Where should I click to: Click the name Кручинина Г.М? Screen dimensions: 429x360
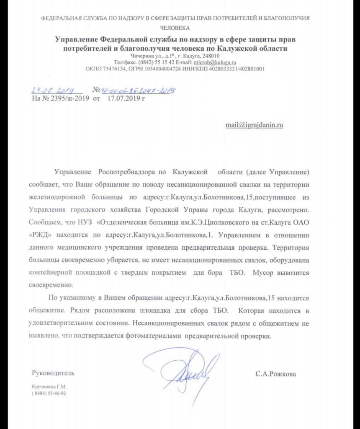coord(49,387)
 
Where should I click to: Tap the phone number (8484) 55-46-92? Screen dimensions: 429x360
coord(49,394)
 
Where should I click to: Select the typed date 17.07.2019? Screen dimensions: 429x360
coord(123,99)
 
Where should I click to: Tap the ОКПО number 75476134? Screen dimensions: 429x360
coord(113,69)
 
